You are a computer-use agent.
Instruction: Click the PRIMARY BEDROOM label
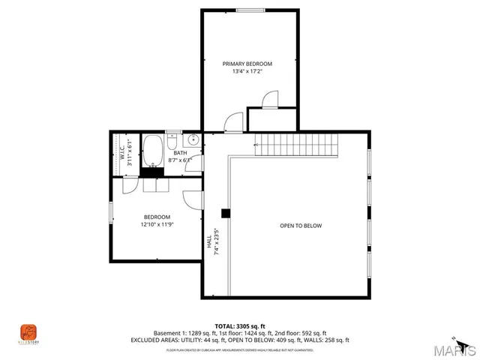coord(247,64)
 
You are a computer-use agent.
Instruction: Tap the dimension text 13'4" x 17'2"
coord(247,73)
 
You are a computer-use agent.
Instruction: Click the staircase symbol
coord(295,145)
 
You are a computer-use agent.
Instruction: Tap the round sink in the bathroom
coord(193,139)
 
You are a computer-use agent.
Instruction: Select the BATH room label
coord(180,152)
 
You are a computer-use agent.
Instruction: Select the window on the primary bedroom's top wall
coord(248,10)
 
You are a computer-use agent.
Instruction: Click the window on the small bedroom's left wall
coord(111,213)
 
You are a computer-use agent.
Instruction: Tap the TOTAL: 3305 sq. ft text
coord(240,325)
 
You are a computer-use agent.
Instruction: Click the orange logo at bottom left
coord(28,331)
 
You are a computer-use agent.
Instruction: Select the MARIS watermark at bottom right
coord(455,349)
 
